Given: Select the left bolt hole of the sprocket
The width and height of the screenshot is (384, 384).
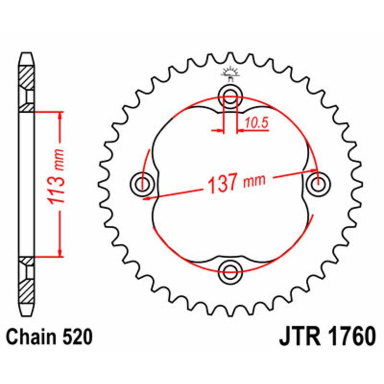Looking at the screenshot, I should click(x=142, y=182).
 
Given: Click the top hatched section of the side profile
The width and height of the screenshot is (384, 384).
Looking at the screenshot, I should click(x=27, y=77).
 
